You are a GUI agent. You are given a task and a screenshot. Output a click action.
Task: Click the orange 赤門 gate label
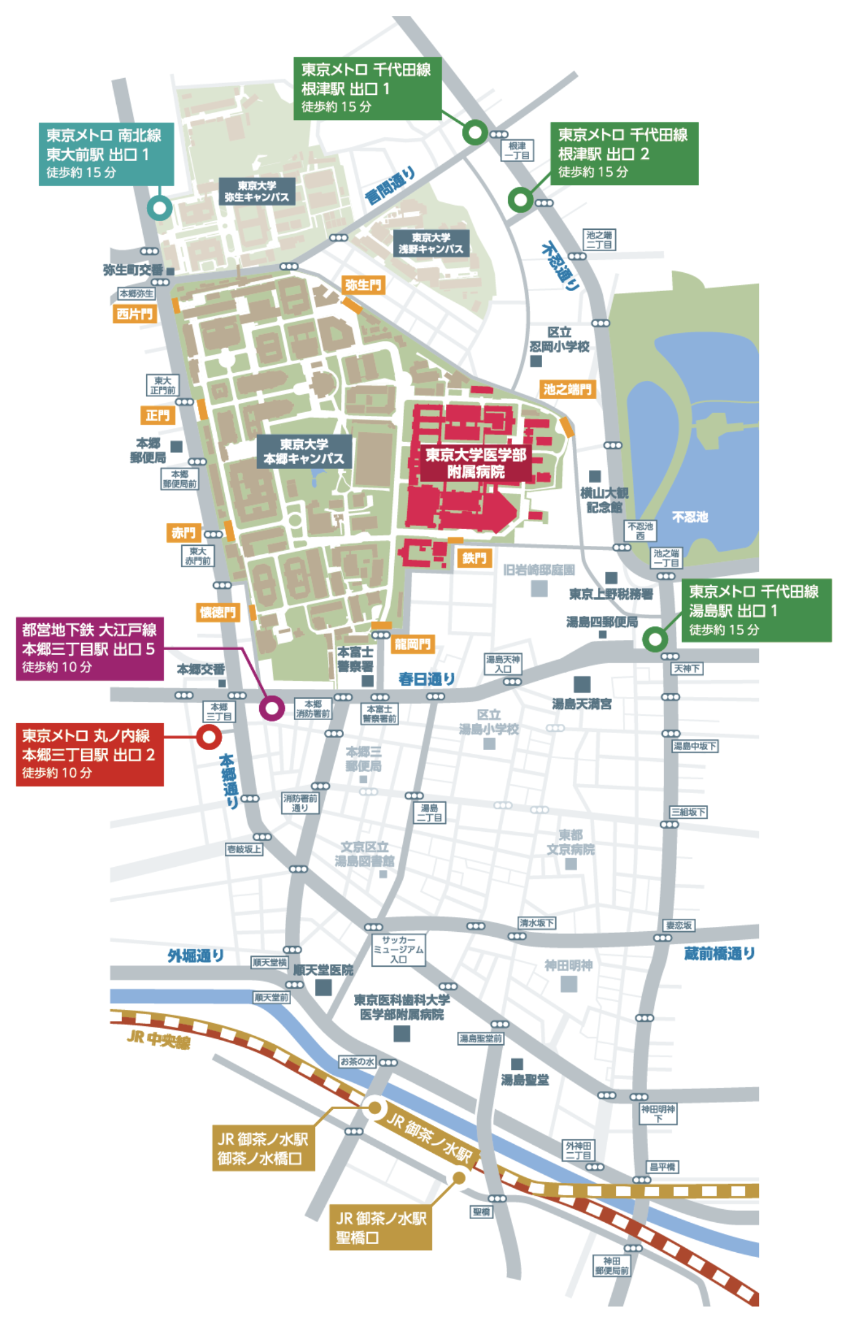click(x=183, y=533)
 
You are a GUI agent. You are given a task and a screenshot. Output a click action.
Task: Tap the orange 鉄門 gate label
click(x=474, y=558)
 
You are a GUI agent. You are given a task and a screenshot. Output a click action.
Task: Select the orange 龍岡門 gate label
click(x=412, y=644)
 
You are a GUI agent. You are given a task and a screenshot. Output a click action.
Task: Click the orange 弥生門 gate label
click(x=363, y=285)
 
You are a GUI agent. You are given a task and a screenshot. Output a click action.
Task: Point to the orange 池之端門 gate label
click(x=567, y=389)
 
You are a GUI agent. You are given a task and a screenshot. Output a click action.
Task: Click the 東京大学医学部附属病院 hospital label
click(x=476, y=463)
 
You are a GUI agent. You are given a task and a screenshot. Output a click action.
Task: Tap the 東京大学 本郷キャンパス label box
click(x=304, y=452)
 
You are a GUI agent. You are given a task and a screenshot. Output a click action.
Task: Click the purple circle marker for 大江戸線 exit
click(x=272, y=708)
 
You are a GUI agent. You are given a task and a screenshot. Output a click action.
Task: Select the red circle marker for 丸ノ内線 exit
click(x=209, y=737)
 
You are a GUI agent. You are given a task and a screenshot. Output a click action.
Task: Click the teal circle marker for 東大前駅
click(x=159, y=207)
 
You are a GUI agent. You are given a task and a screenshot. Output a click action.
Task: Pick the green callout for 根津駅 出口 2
click(x=624, y=153)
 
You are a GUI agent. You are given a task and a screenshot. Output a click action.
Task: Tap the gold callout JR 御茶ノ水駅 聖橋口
click(x=380, y=1228)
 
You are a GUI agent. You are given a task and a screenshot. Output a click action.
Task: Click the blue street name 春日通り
click(x=427, y=679)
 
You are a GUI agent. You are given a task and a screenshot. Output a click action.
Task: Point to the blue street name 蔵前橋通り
click(x=719, y=954)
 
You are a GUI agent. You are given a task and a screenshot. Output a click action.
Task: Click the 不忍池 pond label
click(x=690, y=516)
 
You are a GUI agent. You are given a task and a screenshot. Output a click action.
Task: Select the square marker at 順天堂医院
click(x=323, y=987)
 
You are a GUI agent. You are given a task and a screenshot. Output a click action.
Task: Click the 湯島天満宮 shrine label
click(x=582, y=704)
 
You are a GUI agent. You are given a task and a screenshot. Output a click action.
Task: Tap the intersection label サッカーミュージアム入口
click(x=399, y=949)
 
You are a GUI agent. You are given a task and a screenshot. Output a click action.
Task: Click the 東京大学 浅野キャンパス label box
click(x=431, y=243)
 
